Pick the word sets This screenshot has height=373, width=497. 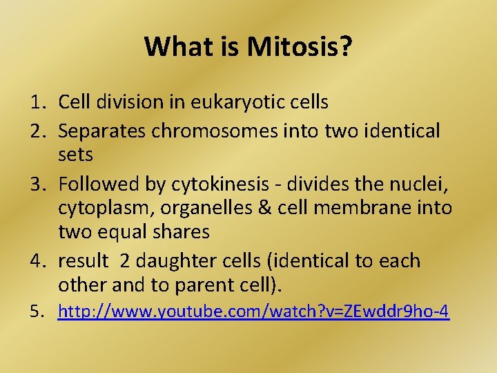(x=75, y=155)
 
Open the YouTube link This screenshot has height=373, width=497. (x=253, y=312)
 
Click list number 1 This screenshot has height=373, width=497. (x=37, y=102)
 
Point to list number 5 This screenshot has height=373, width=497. (x=37, y=312)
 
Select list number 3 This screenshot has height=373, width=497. (x=37, y=183)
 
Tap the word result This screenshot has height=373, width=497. (x=83, y=261)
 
